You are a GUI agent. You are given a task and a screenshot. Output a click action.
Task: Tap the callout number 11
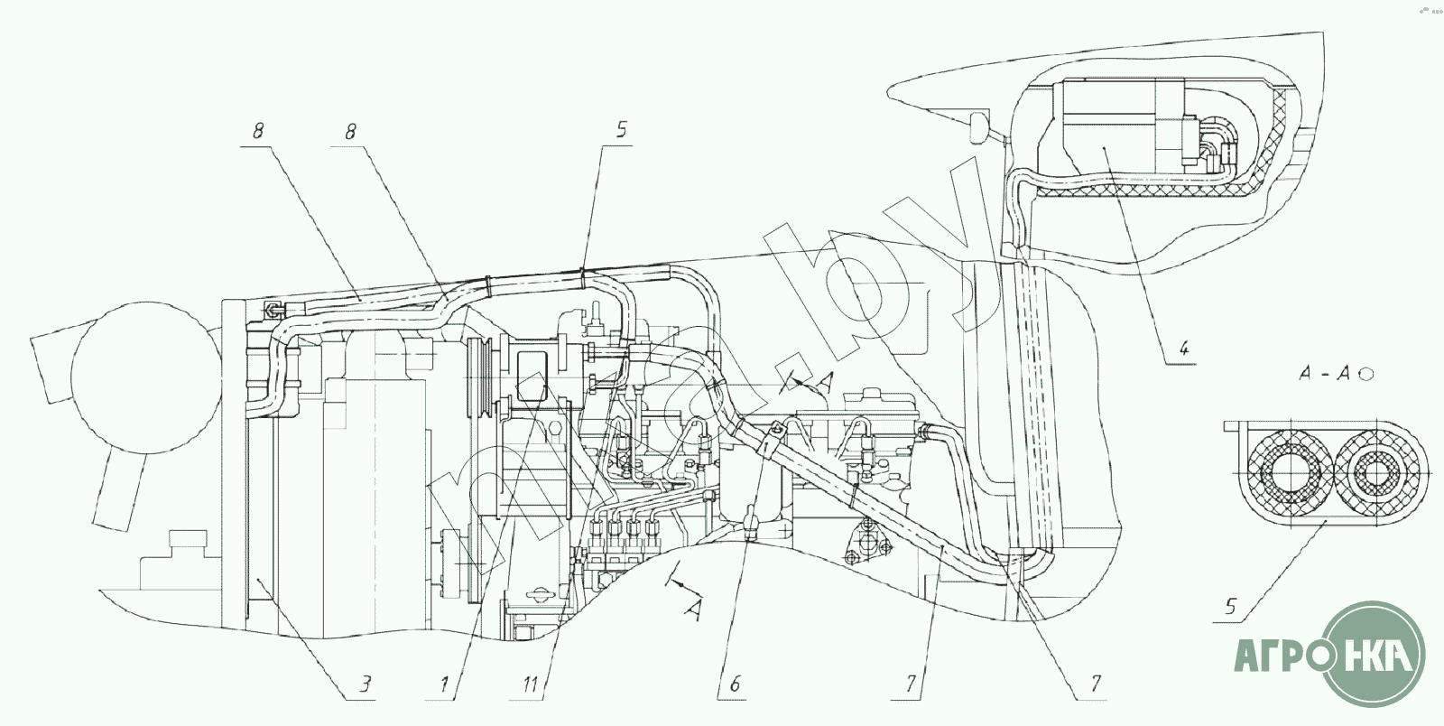coord(532,684)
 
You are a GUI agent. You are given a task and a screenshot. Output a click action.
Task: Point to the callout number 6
coord(733,684)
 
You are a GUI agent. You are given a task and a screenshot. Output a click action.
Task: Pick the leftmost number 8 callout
coord(257,130)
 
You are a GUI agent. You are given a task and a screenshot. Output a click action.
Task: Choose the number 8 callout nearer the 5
coord(350,130)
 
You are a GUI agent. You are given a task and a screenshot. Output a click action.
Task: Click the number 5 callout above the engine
coord(621,130)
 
